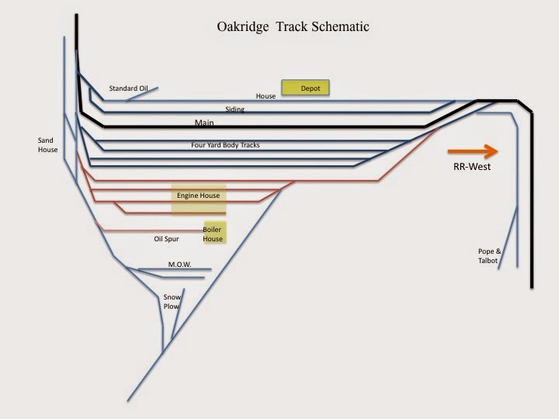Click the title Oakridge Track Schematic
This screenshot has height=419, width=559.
click(293, 27)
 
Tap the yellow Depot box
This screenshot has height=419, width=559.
click(305, 88)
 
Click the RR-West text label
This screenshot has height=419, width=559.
click(472, 167)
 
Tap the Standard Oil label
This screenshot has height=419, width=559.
click(128, 88)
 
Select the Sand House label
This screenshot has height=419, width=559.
click(48, 145)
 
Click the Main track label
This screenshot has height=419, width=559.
click(204, 123)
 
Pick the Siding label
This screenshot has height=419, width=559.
click(234, 109)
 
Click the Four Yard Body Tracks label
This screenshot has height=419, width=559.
click(225, 145)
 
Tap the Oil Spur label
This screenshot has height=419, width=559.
click(166, 239)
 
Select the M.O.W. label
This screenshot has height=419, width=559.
click(179, 265)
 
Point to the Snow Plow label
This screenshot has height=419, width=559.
click(171, 302)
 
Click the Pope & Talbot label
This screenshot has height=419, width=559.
click(489, 256)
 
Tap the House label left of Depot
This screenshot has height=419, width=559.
click(266, 96)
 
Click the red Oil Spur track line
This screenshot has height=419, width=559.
click(148, 230)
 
